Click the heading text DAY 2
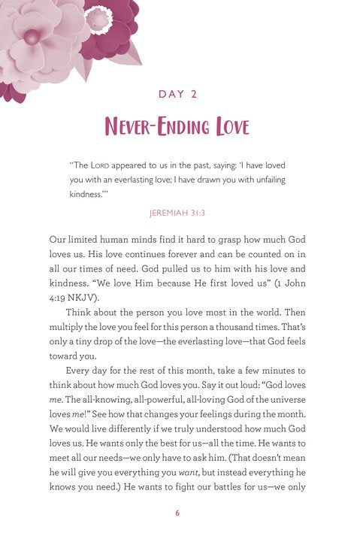tap(180, 94)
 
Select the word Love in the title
tap(226, 126)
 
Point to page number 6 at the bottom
tap(180, 513)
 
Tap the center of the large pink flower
tap(32, 35)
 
